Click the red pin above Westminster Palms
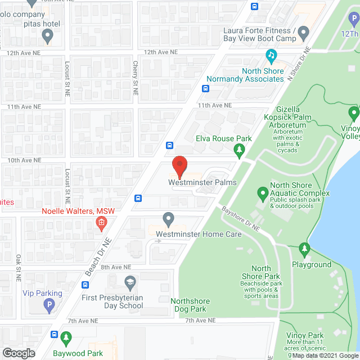[x=179, y=165]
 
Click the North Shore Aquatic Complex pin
[x=262, y=193]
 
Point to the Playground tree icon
[x=304, y=248]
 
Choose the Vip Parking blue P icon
[x=48, y=306]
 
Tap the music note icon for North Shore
[x=271, y=56]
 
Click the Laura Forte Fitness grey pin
[x=304, y=34]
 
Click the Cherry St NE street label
[x=135, y=74]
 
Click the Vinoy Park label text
[x=304, y=335]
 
